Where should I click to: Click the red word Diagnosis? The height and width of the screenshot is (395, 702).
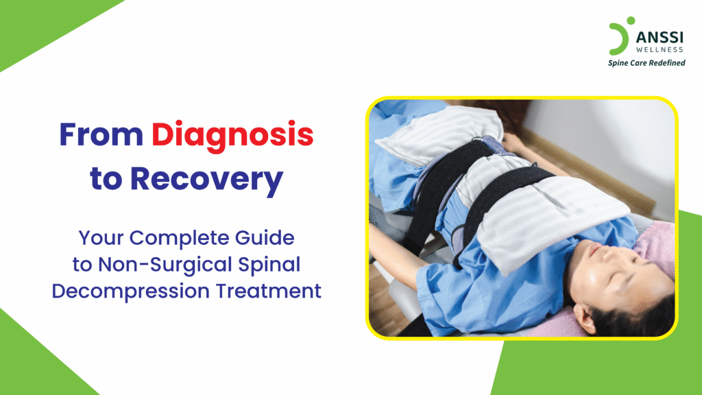click(x=232, y=136)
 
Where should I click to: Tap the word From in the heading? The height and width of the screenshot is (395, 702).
click(x=100, y=136)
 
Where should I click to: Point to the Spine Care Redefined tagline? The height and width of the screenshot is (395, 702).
click(x=646, y=63)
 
